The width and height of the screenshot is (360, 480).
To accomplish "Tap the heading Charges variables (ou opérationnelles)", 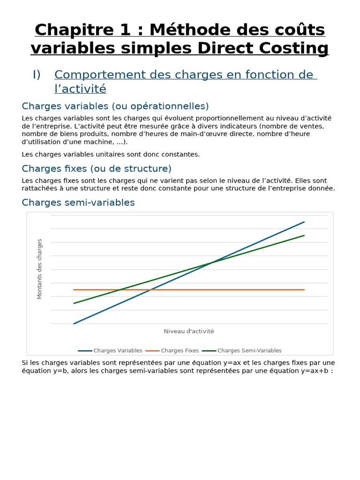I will pos(115,106).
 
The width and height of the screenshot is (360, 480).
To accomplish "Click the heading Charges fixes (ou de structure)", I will pos(97,168).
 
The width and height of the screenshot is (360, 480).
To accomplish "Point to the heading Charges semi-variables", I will pos(78,202).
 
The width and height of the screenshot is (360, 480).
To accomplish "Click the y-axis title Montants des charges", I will pos(39,269).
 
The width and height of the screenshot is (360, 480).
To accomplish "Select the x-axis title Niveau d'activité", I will pos(189,331).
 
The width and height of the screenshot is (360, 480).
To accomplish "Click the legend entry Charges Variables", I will pos(118,351).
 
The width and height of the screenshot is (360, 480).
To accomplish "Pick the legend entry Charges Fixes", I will pos(180,351).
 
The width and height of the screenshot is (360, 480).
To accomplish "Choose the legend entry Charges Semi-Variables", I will pos(249,351).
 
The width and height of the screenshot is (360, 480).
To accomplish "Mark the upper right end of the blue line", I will pos(304,222).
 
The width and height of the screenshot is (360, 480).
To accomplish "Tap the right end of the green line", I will pos(304,235).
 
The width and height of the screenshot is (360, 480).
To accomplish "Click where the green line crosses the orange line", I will pos(121,290).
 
